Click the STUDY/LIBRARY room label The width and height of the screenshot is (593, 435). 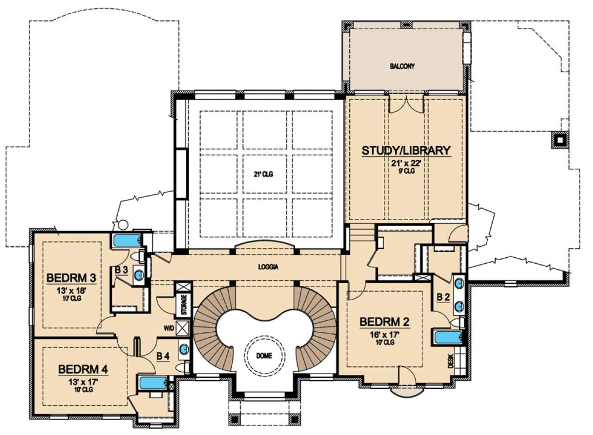click(x=406, y=151)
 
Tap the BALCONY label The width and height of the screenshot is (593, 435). click(x=402, y=66)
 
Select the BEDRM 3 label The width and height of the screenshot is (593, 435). click(x=71, y=278)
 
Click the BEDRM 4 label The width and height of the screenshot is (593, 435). click(x=83, y=369)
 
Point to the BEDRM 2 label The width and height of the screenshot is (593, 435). click(x=384, y=322)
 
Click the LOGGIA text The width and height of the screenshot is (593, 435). click(x=268, y=267)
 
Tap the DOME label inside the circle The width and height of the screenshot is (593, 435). click(x=264, y=356)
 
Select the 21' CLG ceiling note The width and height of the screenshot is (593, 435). click(x=263, y=174)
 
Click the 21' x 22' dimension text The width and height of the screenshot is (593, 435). click(x=406, y=164)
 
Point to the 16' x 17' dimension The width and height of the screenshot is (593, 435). click(x=384, y=335)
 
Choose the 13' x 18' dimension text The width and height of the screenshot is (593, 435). click(x=71, y=291)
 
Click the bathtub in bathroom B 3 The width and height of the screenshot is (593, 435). click(x=127, y=240)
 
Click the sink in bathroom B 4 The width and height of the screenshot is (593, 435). click(x=184, y=349)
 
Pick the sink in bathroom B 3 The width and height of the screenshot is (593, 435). click(x=139, y=275)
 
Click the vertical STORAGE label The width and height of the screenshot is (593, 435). click(x=184, y=304)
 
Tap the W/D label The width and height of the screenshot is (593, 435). click(x=169, y=329)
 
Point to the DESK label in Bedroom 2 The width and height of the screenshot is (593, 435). click(x=451, y=361)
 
